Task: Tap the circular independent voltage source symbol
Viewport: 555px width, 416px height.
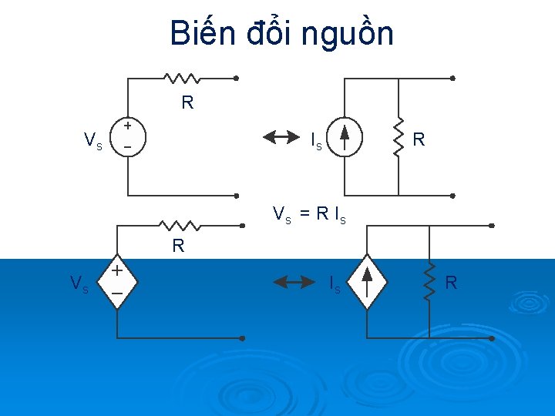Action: coord(128,136)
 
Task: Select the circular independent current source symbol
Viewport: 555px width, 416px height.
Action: coord(344,137)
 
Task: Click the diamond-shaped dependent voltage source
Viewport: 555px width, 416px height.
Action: coord(117,282)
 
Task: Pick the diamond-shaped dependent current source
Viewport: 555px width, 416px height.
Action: coord(367,282)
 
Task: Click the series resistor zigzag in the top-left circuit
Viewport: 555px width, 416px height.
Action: coord(182,78)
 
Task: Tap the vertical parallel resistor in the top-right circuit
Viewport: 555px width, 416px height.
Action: coord(399,137)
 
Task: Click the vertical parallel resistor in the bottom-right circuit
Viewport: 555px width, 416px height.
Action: coord(428,282)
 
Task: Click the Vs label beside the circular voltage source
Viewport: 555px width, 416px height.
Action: coord(93,140)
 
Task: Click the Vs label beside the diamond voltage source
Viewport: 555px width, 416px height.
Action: coord(79,283)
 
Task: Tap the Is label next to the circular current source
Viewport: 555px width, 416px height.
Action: coord(316,141)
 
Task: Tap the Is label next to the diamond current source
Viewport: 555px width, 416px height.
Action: coord(335,284)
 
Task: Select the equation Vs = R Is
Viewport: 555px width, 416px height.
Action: coord(310,214)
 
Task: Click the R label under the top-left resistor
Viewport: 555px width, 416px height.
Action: coord(187,102)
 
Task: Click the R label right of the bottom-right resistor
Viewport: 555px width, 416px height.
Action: coord(451,283)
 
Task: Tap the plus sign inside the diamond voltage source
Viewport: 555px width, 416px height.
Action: coord(117,271)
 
